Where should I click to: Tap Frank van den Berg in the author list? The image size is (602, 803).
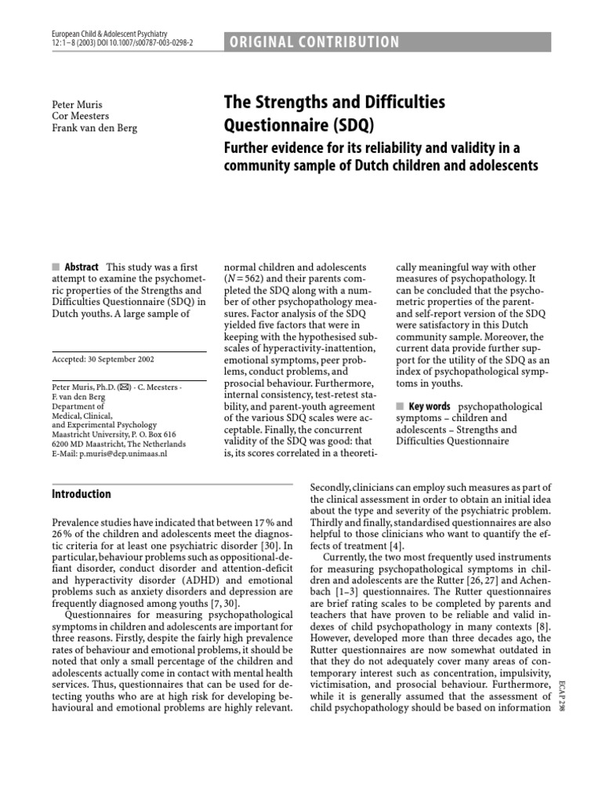click(x=93, y=129)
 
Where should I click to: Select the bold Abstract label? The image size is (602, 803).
click(x=81, y=267)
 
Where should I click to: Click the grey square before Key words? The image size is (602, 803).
click(x=400, y=406)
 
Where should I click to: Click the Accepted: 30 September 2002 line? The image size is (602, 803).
click(x=102, y=359)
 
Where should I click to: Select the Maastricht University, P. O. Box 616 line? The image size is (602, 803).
click(x=113, y=433)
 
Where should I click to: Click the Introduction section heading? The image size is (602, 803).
click(x=81, y=494)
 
